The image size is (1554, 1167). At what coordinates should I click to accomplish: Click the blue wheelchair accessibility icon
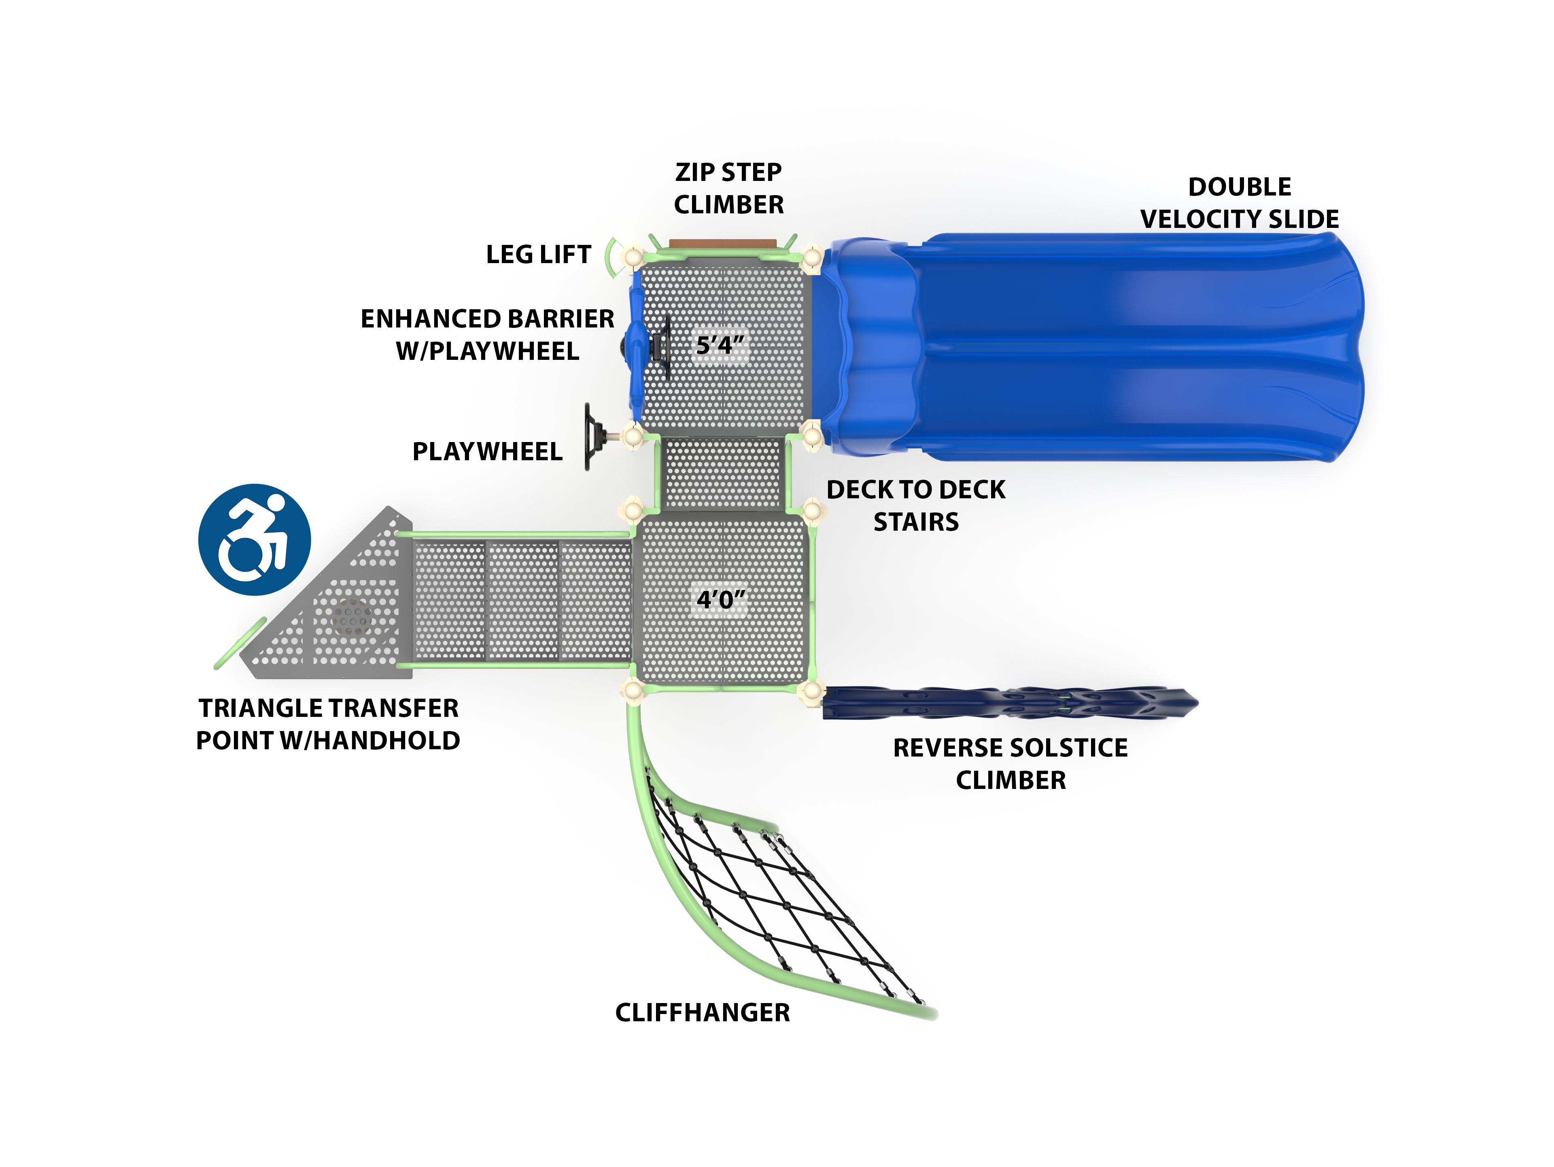pyautogui.click(x=254, y=540)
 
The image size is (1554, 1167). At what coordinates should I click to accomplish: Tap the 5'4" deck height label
pyautogui.click(x=720, y=345)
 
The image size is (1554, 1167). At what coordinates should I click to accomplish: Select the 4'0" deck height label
pyautogui.click(x=720, y=599)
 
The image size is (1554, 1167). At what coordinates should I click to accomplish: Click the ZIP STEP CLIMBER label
pyautogui.click(x=728, y=188)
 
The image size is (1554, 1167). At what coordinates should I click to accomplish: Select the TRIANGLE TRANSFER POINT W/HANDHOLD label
pyautogui.click(x=328, y=724)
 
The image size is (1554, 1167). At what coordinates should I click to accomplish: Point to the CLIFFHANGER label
pyautogui.click(x=703, y=1012)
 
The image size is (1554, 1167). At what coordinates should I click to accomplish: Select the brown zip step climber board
pyautogui.click(x=722, y=244)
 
